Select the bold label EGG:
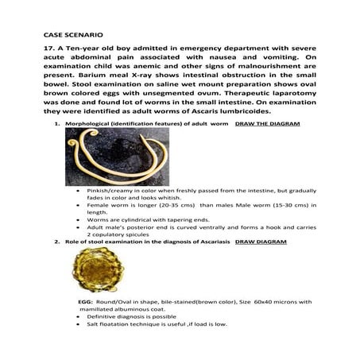[x=87, y=303]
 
